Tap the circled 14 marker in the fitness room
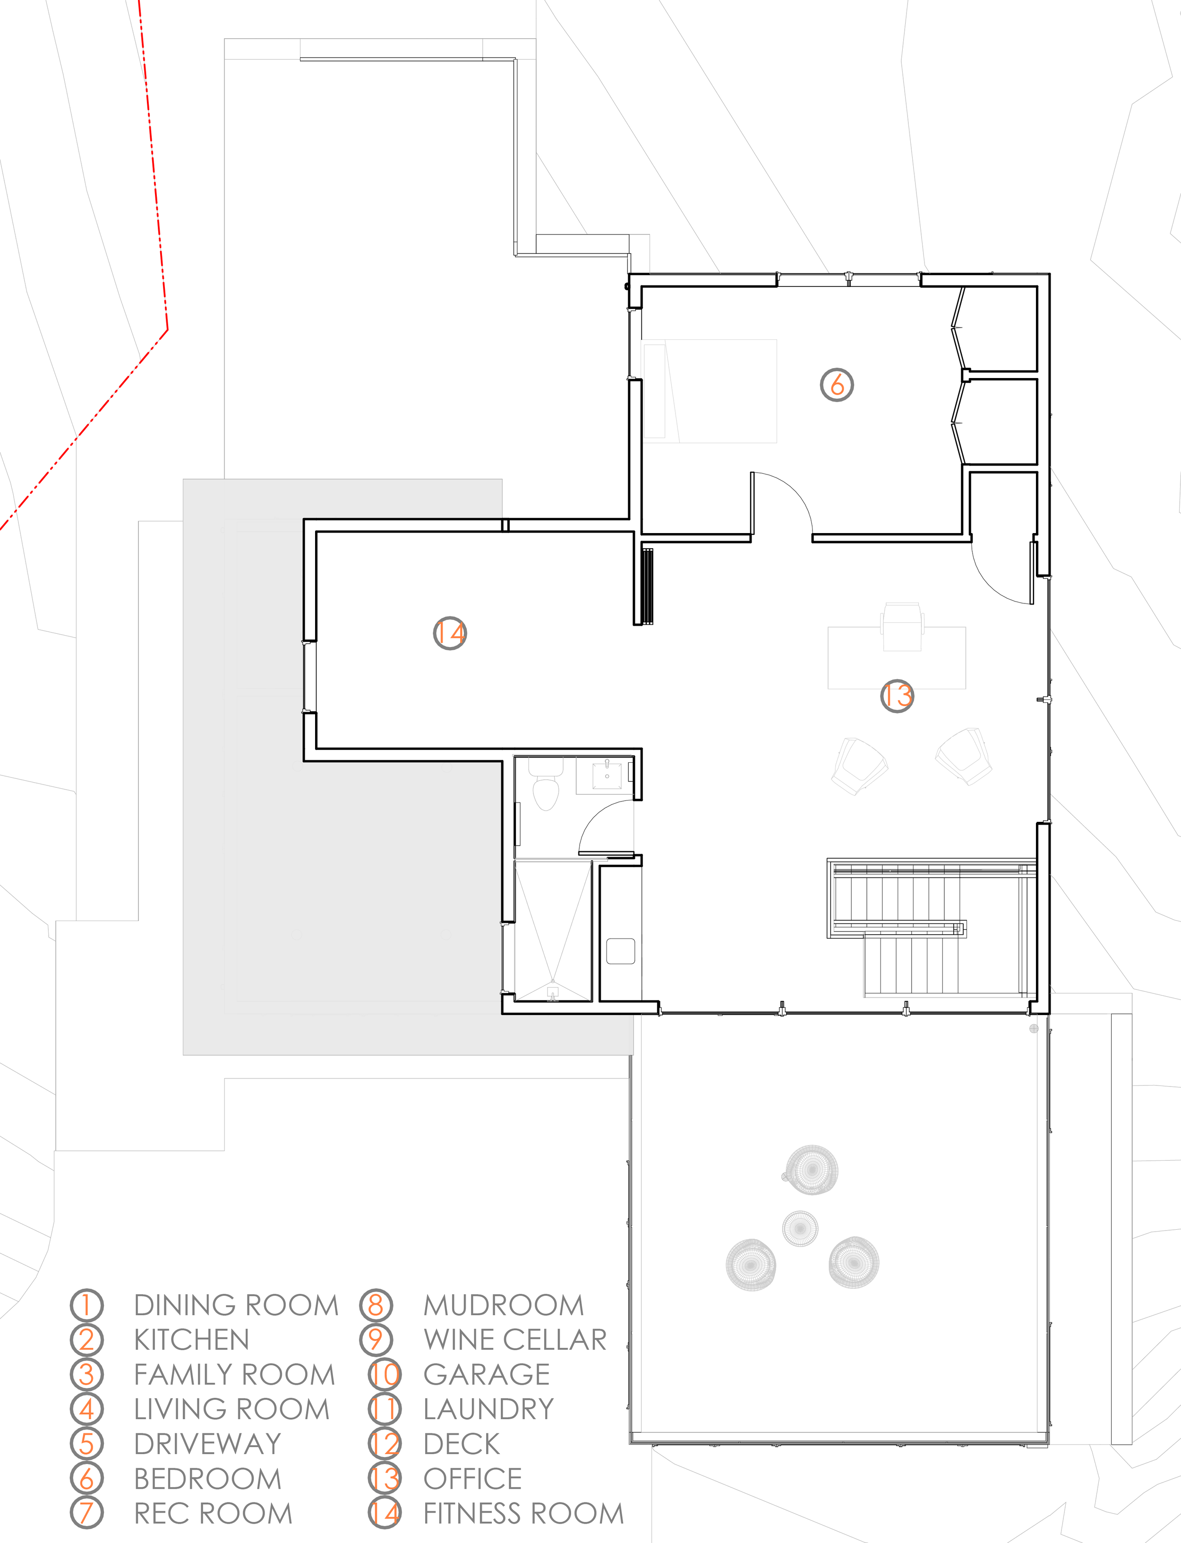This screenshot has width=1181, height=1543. tap(449, 633)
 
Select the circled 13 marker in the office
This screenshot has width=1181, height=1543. tap(897, 696)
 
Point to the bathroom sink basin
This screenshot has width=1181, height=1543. tap(606, 775)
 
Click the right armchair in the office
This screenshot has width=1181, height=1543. tap(965, 756)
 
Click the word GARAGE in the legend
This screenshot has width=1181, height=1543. tap(487, 1374)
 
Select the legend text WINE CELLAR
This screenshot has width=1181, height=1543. tap(514, 1340)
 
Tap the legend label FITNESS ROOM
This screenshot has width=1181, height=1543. tap(523, 1513)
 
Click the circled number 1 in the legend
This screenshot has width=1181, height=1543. tap(86, 1305)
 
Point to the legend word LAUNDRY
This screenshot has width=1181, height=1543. tap(488, 1409)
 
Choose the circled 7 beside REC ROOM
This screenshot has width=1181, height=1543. tap(86, 1513)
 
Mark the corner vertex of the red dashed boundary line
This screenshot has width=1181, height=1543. tap(167, 329)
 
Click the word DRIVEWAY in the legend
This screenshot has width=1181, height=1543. tap(207, 1444)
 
